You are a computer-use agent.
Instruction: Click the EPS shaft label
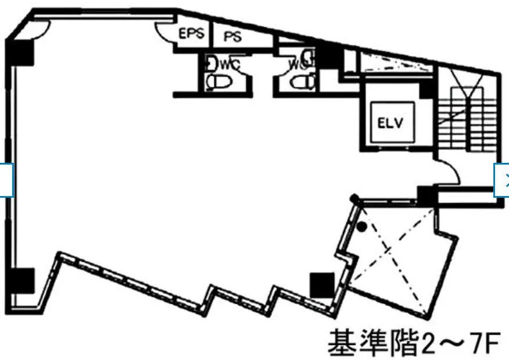click(192, 33)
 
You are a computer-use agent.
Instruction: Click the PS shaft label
click(233, 37)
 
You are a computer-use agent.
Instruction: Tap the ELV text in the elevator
click(390, 123)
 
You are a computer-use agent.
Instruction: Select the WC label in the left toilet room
click(230, 65)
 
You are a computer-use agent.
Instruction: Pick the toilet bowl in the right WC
click(303, 82)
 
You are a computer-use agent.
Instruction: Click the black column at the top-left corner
click(20, 52)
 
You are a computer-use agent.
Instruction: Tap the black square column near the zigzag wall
click(322, 285)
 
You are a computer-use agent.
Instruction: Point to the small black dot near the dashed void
click(362, 227)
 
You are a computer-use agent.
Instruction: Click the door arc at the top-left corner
click(41, 31)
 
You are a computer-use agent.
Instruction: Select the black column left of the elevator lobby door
click(426, 195)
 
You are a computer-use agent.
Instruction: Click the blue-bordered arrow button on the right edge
click(502, 180)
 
